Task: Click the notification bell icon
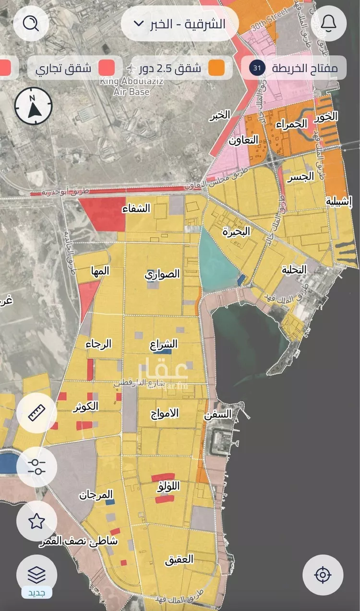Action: (x=328, y=23)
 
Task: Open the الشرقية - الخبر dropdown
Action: (x=180, y=24)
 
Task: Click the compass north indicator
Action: (x=33, y=107)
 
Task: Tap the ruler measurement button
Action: (x=36, y=413)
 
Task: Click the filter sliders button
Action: (x=36, y=466)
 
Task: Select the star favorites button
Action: (x=36, y=521)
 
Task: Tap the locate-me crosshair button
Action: (x=323, y=575)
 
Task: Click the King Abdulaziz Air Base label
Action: (x=131, y=86)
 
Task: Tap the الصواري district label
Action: (x=162, y=274)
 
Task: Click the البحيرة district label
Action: (x=236, y=232)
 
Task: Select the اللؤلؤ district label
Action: (x=168, y=487)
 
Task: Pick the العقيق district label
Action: (x=179, y=559)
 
